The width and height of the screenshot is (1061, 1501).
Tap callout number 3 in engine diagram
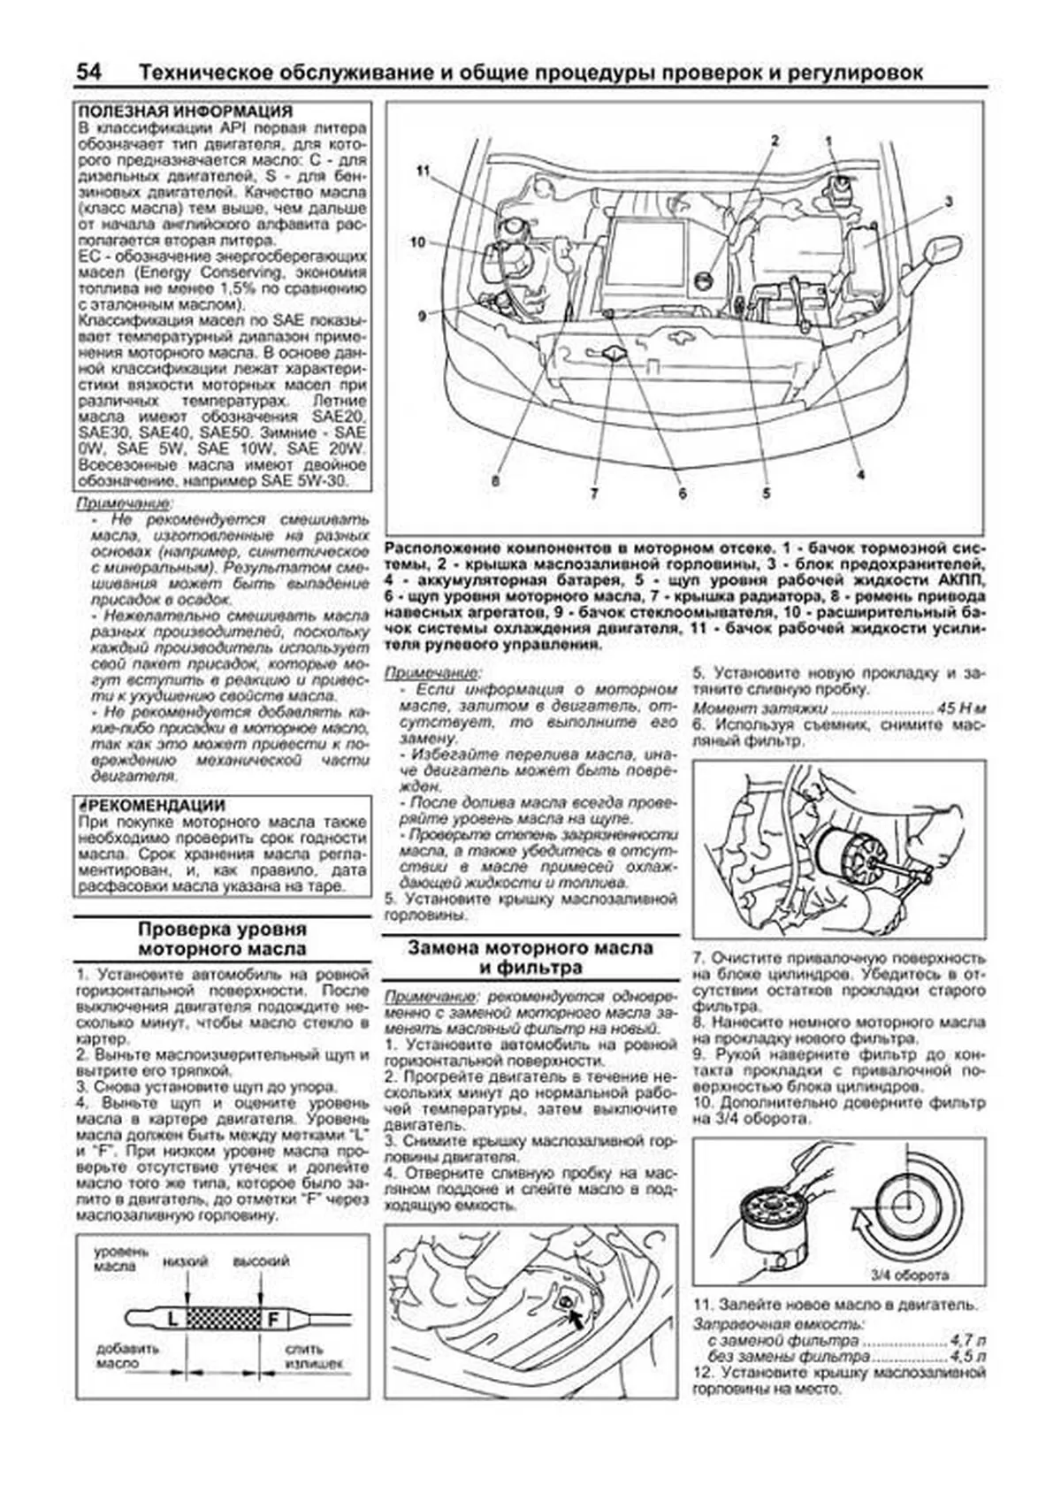948,202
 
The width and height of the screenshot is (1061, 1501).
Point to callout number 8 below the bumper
495,480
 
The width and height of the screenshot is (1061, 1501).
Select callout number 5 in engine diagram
766,493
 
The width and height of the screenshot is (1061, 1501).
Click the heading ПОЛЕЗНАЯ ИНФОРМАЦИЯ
185,112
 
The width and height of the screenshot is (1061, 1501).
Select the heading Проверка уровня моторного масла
222,939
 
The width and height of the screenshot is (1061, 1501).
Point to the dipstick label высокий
261,1261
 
